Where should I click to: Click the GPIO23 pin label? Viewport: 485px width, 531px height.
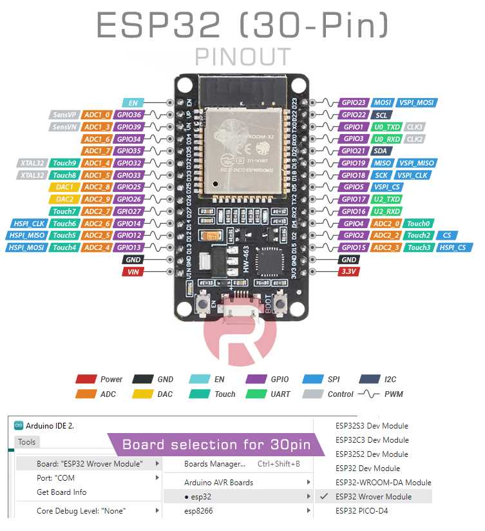(x=354, y=102)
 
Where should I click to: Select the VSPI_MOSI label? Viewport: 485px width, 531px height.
(x=417, y=102)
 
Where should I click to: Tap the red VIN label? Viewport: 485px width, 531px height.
(x=133, y=272)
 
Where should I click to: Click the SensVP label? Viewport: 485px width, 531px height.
(x=64, y=115)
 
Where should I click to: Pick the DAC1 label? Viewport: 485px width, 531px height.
(x=64, y=187)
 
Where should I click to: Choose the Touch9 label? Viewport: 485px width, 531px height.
(x=64, y=163)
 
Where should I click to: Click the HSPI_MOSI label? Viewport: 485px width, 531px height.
(x=26, y=247)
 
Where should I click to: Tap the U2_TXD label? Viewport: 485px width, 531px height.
(x=386, y=199)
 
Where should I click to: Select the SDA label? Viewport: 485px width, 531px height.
(x=379, y=151)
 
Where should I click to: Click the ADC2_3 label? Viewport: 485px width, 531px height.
(x=386, y=247)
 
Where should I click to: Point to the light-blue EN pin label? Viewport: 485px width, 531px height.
(x=133, y=102)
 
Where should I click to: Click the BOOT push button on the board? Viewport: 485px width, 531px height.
(x=281, y=302)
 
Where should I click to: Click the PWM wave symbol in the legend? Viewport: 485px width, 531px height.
(x=370, y=394)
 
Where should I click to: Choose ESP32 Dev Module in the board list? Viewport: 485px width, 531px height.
(x=367, y=468)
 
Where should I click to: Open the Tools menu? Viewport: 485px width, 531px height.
(x=27, y=441)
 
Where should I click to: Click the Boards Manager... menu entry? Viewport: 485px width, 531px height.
(x=214, y=464)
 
